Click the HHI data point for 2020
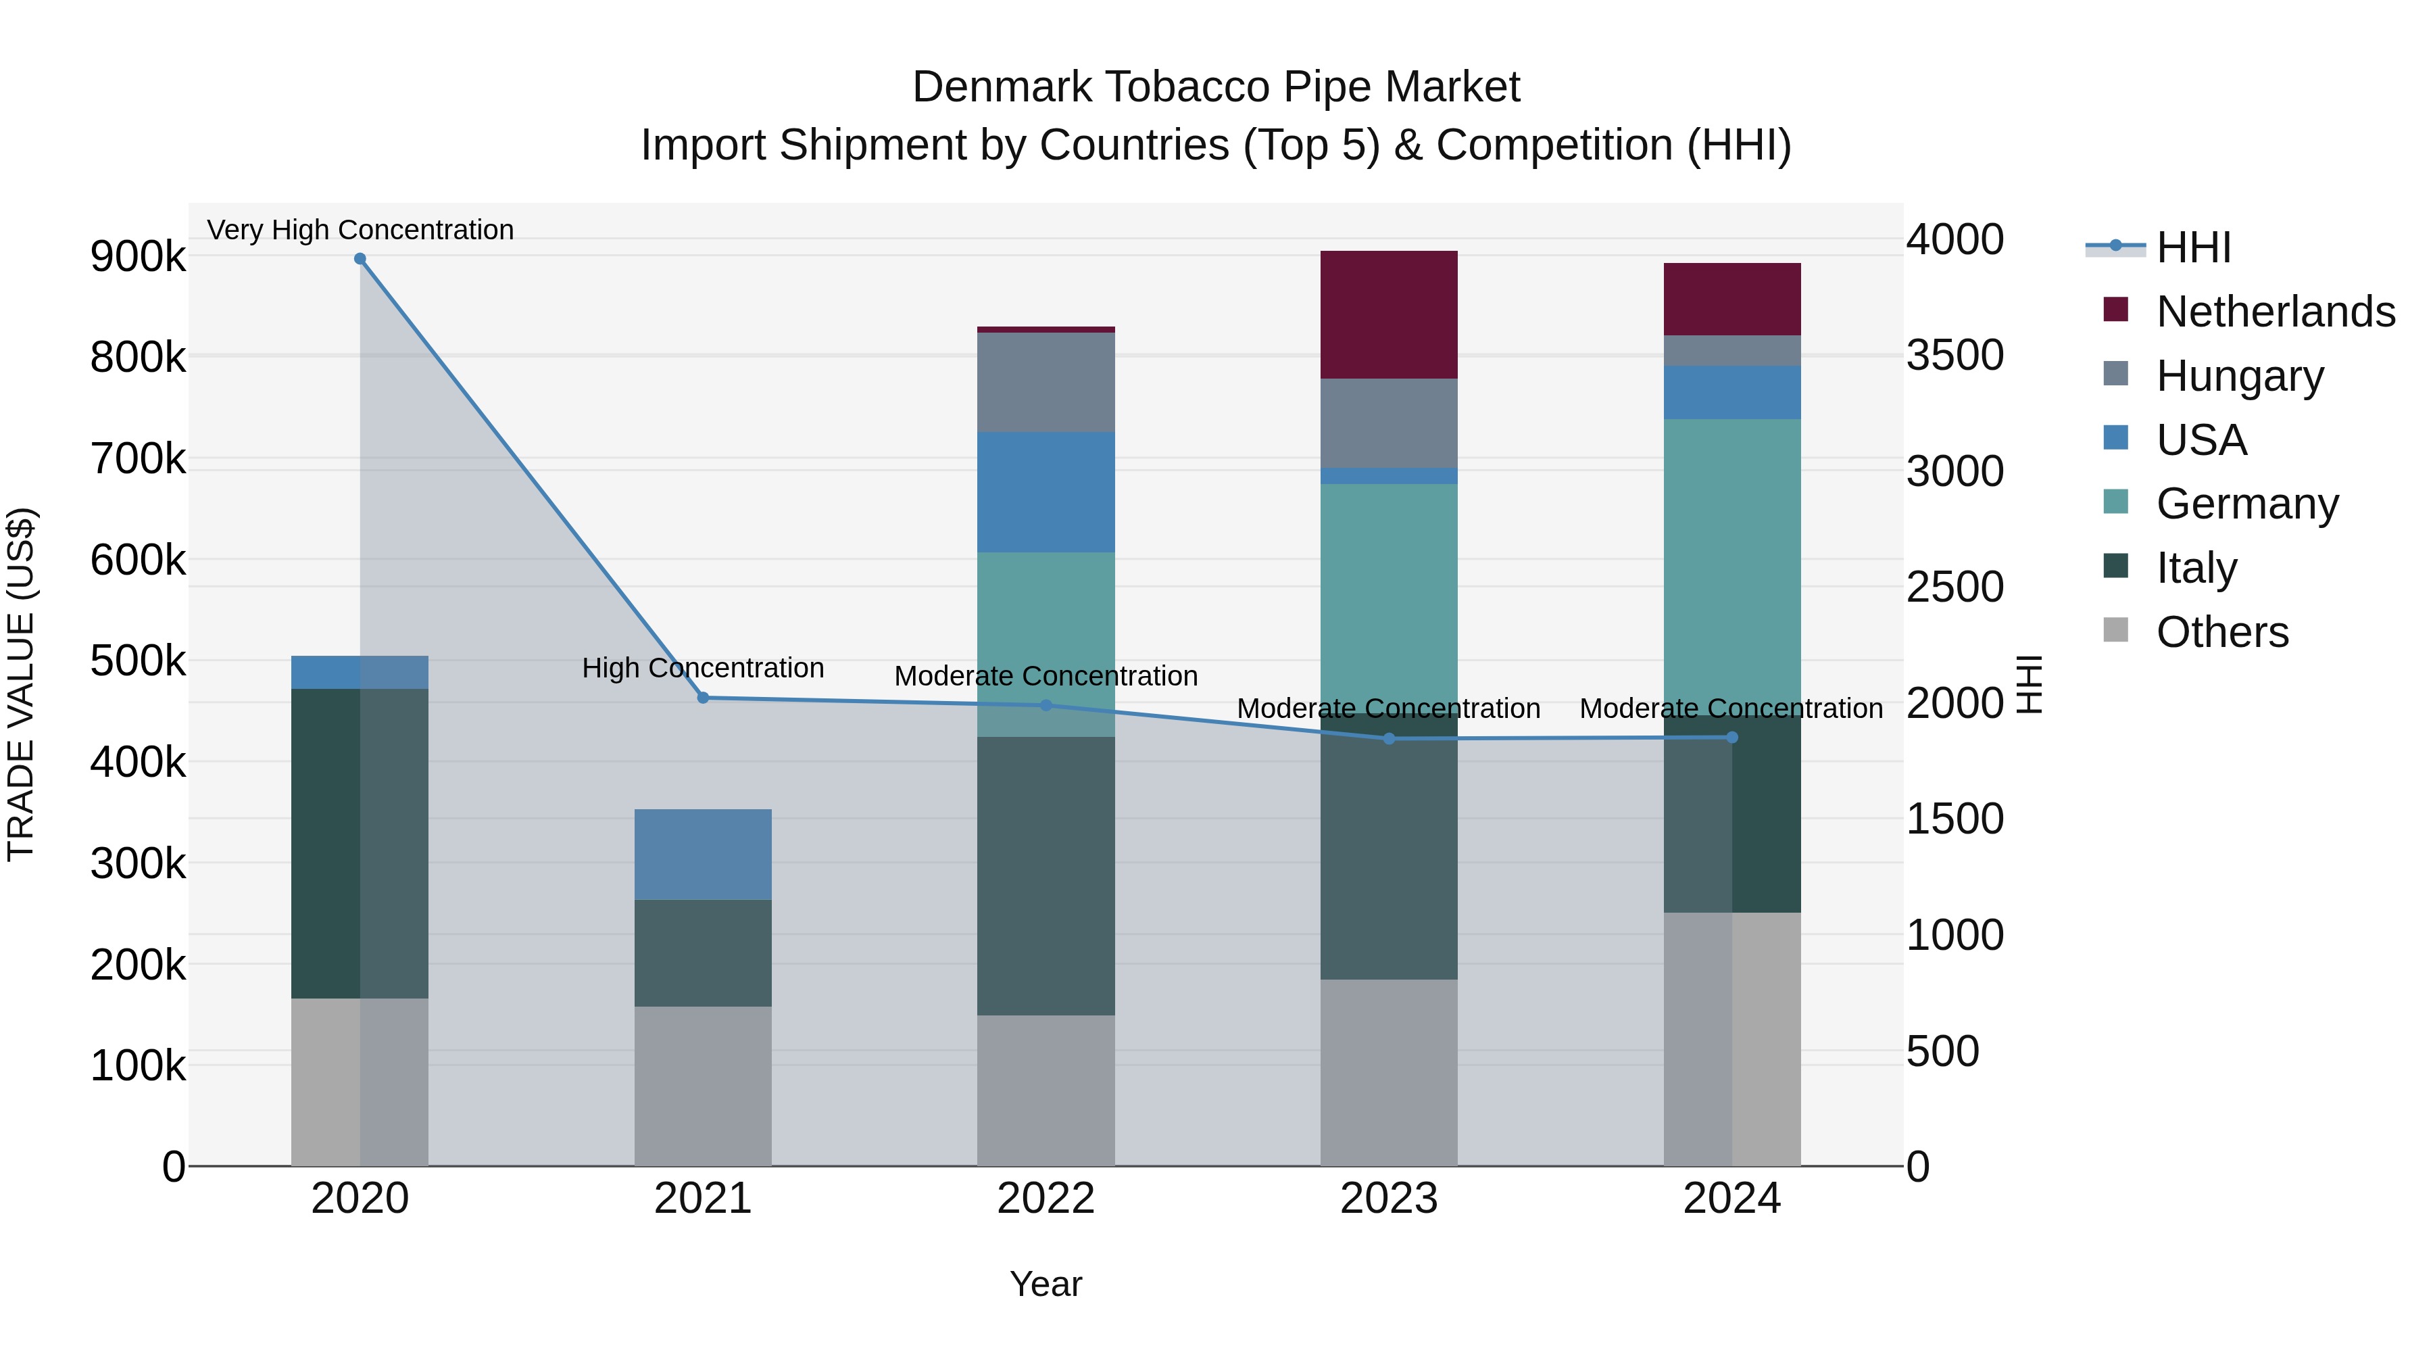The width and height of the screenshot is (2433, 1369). point(360,259)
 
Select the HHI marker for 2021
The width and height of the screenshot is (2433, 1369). point(703,698)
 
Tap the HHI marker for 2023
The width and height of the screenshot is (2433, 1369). point(1388,739)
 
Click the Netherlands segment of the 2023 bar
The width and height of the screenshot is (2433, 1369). point(1388,314)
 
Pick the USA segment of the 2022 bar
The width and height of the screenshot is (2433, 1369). point(1046,492)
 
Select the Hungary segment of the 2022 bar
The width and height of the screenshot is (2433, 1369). point(1046,382)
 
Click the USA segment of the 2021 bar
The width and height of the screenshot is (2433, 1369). point(703,854)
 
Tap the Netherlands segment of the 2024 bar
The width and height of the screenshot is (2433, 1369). point(1731,299)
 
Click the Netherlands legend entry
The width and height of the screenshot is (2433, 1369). point(2274,312)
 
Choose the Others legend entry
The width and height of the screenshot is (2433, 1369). point(2221,632)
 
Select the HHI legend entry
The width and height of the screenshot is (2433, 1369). point(2193,247)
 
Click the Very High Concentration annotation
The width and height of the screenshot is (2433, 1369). point(360,230)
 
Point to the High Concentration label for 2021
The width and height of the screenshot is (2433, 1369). point(703,668)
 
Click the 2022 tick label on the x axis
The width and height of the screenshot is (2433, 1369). point(1046,1199)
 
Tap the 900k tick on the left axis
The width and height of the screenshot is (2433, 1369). point(138,256)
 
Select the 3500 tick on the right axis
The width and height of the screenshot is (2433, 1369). point(1954,355)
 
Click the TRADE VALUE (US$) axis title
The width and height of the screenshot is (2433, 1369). point(21,684)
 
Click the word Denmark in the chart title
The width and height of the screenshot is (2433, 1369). point(1001,87)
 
